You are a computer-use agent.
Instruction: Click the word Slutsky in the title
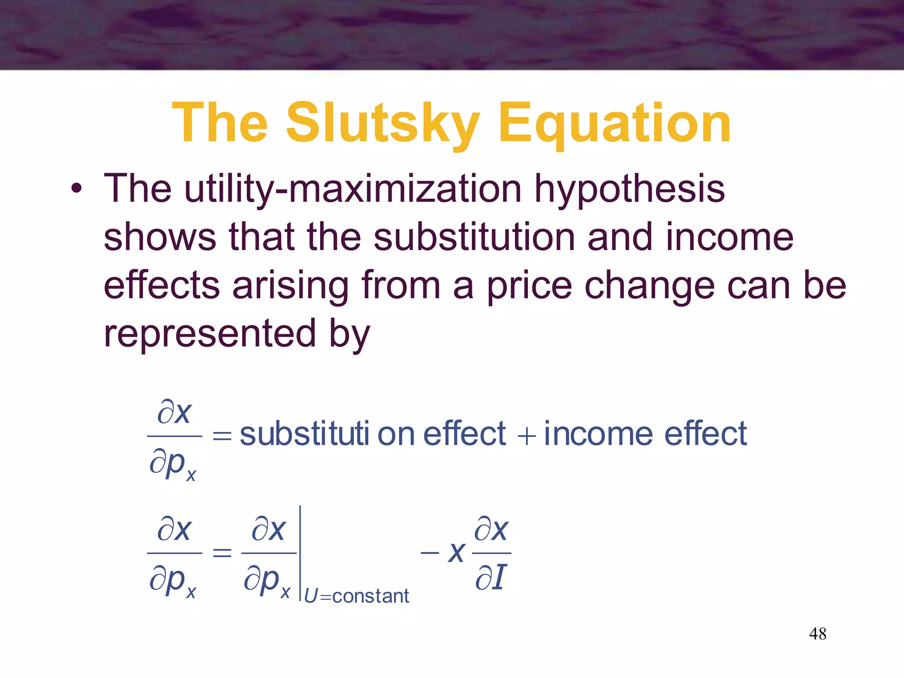click(383, 124)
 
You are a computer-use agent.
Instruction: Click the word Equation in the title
click(614, 124)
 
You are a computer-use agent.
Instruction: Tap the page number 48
click(817, 634)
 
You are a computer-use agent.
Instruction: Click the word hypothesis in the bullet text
click(630, 189)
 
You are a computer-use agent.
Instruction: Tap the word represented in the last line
click(210, 333)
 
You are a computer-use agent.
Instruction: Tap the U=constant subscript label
click(357, 596)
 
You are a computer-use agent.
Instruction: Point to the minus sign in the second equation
click(429, 553)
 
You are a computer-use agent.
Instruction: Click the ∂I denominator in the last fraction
click(490, 577)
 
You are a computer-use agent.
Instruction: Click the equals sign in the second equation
click(222, 553)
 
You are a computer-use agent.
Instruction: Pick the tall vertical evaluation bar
click(300, 554)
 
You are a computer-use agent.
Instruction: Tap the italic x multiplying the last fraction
click(456, 553)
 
